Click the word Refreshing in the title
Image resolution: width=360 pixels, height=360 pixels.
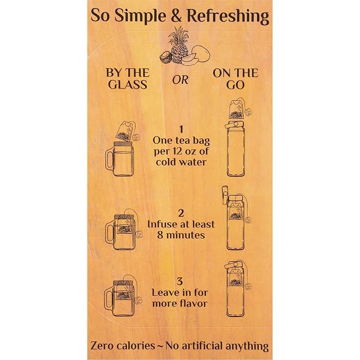click(228, 16)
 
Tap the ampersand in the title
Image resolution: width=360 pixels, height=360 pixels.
click(176, 15)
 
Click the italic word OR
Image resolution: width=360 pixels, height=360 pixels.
click(180, 80)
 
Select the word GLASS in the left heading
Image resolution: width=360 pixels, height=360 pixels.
click(128, 84)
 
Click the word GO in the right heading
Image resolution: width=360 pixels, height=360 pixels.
click(235, 84)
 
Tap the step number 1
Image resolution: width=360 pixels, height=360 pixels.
click(181, 129)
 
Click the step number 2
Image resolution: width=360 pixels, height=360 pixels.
click(181, 214)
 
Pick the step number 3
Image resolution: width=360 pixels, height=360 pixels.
click(180, 282)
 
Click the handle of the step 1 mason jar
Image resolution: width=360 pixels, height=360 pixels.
click(110, 160)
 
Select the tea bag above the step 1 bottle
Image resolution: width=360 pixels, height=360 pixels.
click(236, 109)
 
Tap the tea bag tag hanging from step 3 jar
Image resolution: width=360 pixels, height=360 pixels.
click(138, 301)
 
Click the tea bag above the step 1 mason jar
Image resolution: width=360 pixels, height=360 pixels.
click(126, 131)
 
